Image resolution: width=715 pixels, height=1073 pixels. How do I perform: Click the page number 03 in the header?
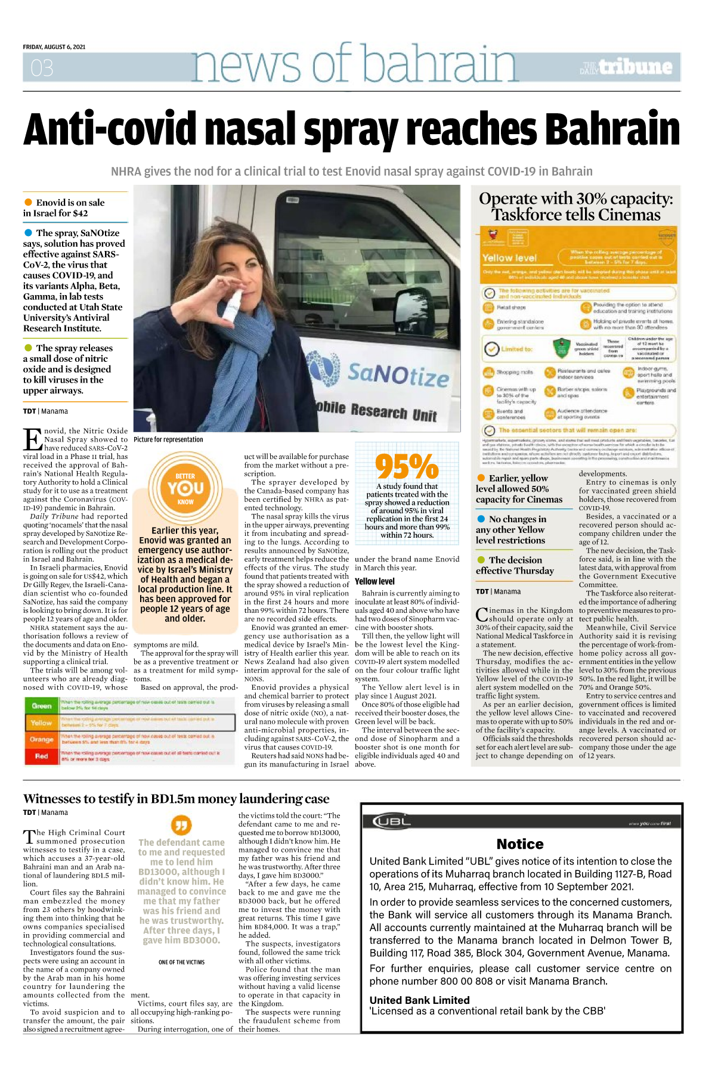[42, 68]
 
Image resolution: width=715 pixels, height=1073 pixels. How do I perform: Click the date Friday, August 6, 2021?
[54, 47]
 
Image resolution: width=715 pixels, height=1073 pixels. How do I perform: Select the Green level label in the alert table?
[42, 706]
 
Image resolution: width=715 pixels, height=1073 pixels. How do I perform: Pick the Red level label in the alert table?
[42, 756]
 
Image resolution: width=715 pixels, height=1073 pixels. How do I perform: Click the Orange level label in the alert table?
[42, 739]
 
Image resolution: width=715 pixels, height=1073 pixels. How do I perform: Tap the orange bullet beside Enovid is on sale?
[28, 202]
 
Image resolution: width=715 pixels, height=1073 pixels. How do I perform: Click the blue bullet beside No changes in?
[481, 519]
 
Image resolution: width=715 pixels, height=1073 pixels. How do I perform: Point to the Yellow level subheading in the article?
[374, 581]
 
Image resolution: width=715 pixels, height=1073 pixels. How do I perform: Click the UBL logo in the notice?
[392, 821]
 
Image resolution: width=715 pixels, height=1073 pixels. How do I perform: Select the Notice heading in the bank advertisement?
[520, 843]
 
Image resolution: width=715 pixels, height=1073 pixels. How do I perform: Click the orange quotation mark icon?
[181, 825]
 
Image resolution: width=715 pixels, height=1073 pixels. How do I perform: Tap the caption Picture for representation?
[168, 439]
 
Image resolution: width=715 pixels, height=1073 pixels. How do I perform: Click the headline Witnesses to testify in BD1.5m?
[176, 799]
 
